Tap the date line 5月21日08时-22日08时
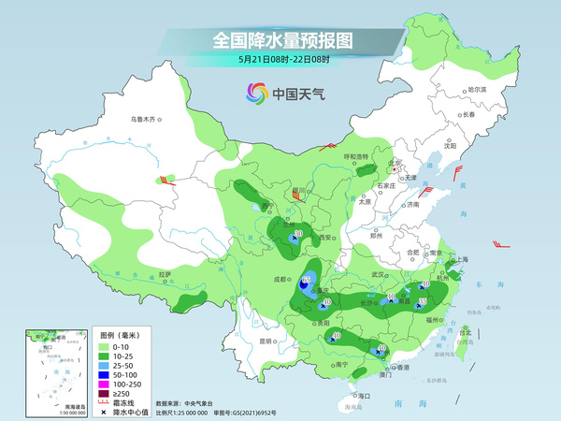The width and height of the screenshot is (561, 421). click(x=283, y=59)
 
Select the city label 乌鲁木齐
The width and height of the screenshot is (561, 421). click(x=146, y=119)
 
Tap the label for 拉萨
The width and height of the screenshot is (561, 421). click(x=165, y=274)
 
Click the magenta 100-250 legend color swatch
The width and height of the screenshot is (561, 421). click(x=105, y=385)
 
